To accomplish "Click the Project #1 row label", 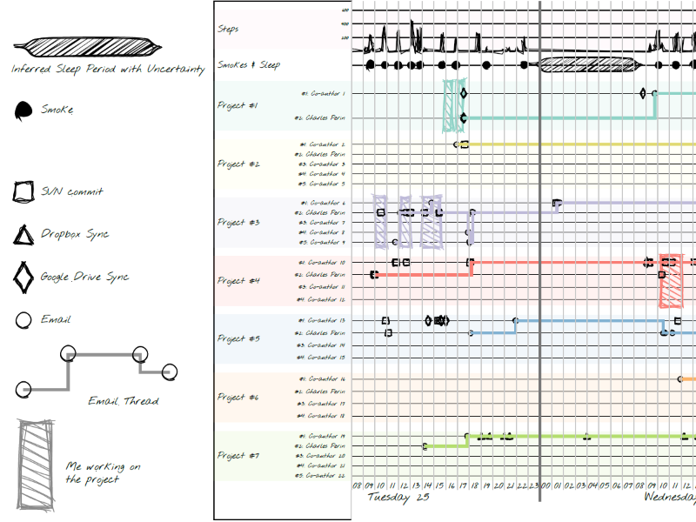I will pos(238,105).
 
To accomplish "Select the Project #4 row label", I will pos(238,281).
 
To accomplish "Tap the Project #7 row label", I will pos(238,455).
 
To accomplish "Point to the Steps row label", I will pos(228,29).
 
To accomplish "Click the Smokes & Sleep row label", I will pos(249,64).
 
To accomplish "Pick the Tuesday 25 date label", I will pos(398,498).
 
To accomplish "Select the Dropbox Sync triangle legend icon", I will pos(23,235).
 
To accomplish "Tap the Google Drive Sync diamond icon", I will pos(23,278).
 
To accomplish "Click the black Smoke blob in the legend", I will pos(23,110).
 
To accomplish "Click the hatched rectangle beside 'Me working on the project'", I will pos(35,465).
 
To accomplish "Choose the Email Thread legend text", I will pos(124,401).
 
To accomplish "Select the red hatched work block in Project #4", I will pos(672,281).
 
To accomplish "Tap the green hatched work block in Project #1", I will pos(452,105).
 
